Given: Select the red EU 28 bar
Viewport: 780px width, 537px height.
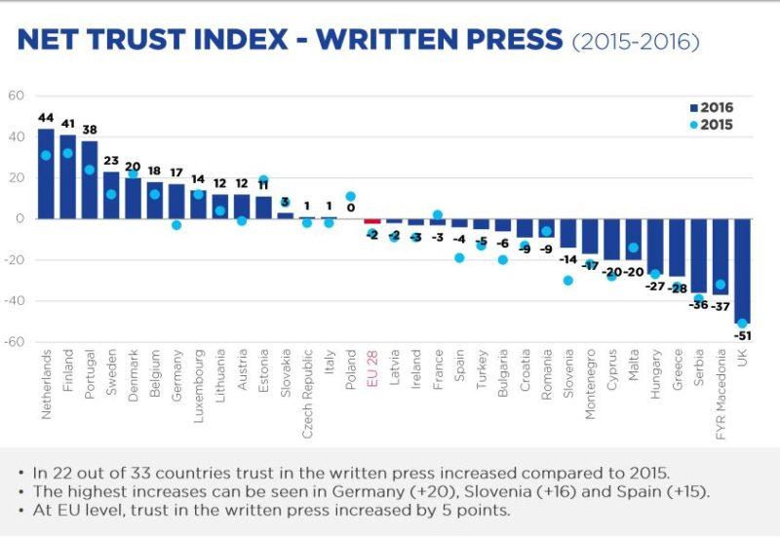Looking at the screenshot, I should [x=371, y=221].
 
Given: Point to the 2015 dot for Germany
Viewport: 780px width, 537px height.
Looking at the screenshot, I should [x=176, y=225].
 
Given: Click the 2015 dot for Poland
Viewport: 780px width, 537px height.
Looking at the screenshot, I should [x=350, y=197].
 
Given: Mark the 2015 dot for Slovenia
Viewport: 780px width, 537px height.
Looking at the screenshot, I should [x=567, y=281].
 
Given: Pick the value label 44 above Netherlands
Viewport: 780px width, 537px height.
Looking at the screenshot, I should [x=46, y=118].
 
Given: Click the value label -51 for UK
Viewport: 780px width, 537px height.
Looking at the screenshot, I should [x=744, y=336].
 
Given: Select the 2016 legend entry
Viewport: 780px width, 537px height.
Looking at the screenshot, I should [x=710, y=107].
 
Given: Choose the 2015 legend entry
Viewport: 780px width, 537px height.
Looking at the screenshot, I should [x=710, y=125].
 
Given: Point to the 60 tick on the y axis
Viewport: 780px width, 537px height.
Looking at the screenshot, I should [x=16, y=96].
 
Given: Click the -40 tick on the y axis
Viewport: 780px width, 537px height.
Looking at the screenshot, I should [x=14, y=300].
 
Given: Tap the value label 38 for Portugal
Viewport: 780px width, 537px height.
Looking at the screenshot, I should [x=90, y=130].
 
